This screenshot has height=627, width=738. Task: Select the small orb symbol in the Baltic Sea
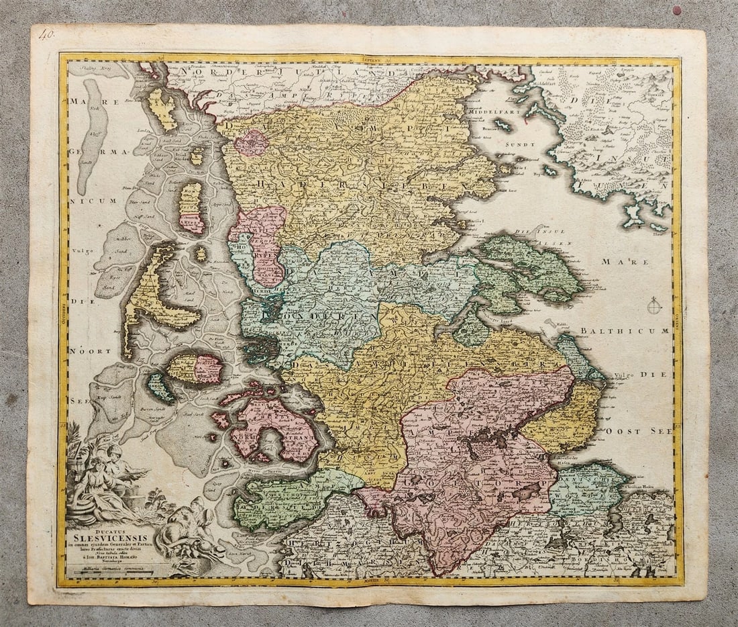[x=654, y=307]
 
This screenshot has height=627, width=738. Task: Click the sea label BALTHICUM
[x=625, y=331]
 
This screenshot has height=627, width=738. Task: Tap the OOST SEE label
[x=634, y=430]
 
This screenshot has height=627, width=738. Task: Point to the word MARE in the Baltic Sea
[x=634, y=262]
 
